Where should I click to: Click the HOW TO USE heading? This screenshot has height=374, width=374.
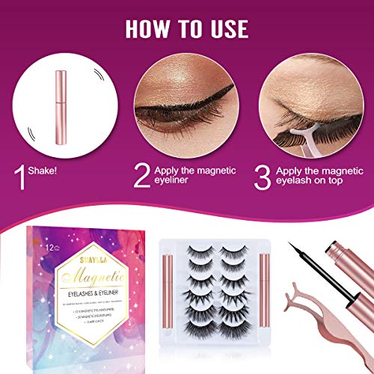click(x=187, y=29)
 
